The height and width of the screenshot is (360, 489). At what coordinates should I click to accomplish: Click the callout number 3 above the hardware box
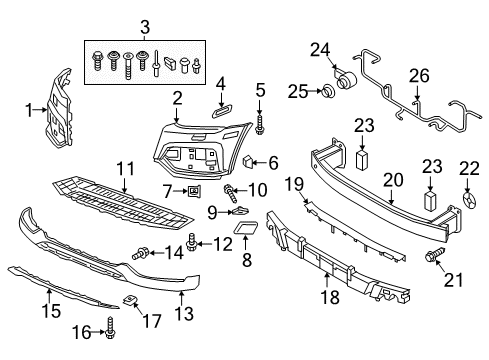(145, 27)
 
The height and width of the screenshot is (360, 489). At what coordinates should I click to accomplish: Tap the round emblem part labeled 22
(470, 201)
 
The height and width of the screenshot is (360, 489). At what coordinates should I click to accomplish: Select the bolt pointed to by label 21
(435, 255)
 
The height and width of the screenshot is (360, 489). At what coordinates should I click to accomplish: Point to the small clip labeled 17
(129, 300)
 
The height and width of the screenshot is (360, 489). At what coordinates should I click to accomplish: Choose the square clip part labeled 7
(194, 191)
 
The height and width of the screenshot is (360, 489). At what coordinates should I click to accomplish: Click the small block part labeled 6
(248, 162)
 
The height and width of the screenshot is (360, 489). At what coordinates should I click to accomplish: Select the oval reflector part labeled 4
(221, 111)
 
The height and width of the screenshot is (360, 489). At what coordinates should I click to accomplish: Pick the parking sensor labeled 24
(346, 79)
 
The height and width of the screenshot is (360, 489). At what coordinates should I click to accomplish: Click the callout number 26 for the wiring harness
(419, 76)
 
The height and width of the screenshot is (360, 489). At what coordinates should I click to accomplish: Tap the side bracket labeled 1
(60, 108)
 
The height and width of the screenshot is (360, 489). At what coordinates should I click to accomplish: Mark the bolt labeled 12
(192, 242)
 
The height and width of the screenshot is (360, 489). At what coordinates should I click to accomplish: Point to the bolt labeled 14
(140, 253)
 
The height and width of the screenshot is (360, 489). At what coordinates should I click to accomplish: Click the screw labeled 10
(230, 193)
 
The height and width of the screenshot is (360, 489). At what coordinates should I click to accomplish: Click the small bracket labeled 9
(240, 210)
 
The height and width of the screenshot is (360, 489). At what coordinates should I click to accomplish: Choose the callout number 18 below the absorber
(330, 297)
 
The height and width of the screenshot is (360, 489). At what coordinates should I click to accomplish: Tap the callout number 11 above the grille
(125, 169)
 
